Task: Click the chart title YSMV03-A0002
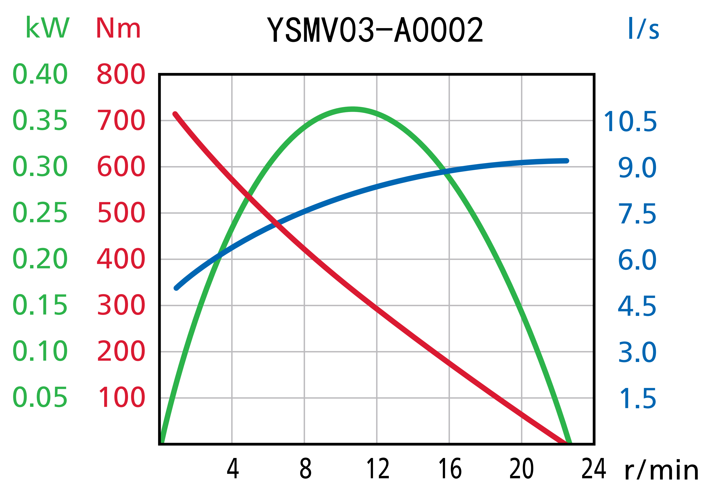[x=374, y=30]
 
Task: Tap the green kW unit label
[x=47, y=28]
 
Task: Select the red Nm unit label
[x=118, y=28]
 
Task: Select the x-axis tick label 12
[x=378, y=469]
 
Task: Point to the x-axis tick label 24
[x=594, y=469]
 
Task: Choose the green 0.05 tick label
[x=40, y=397]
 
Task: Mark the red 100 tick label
[x=121, y=397]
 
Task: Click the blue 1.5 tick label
[x=637, y=399]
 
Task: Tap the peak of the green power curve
[x=353, y=109]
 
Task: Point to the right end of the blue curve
[x=567, y=161]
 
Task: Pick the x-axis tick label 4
[x=233, y=469]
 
